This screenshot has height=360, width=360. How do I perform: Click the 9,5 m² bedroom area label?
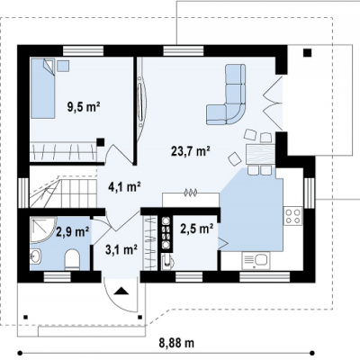click(x=84, y=107)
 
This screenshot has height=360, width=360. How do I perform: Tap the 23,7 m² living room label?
click(x=190, y=151)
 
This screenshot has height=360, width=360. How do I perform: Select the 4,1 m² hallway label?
click(x=124, y=187)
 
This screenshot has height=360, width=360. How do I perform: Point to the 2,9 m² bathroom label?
click(x=73, y=231)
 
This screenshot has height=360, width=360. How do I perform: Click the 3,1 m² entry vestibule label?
click(x=121, y=249)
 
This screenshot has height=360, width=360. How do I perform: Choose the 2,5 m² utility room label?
click(x=197, y=229)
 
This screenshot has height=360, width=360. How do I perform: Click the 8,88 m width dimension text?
click(x=176, y=343)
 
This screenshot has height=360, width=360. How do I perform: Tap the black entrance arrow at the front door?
click(x=121, y=291)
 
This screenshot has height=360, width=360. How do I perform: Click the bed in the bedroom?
click(x=43, y=88)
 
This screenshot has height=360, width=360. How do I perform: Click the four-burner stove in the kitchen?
click(x=292, y=216)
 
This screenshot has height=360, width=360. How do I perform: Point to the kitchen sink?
click(x=256, y=261)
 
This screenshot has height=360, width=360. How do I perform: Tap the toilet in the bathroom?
click(x=72, y=259)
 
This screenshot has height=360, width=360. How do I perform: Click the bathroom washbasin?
click(x=36, y=256)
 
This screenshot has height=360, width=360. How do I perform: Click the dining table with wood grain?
click(x=260, y=154)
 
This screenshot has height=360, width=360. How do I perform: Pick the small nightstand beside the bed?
click(x=63, y=66)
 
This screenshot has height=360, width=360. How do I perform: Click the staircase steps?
click(x=63, y=193)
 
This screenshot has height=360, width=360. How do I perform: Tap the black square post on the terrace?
click(x=307, y=53)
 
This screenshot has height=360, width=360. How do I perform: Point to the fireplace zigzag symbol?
click(x=190, y=193)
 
